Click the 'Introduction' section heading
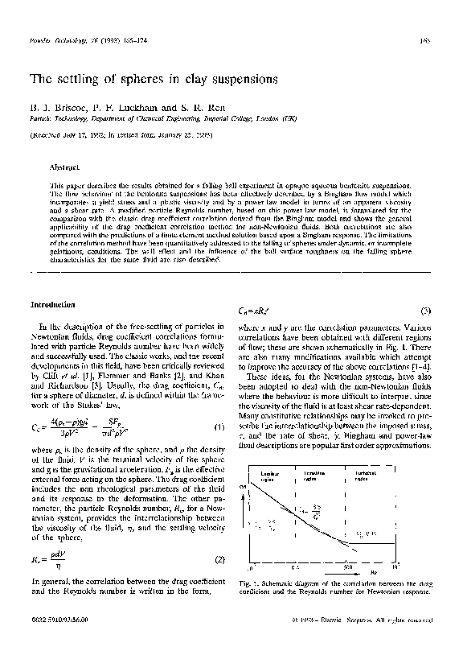53,306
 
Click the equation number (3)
428,311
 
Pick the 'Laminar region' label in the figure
272,454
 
